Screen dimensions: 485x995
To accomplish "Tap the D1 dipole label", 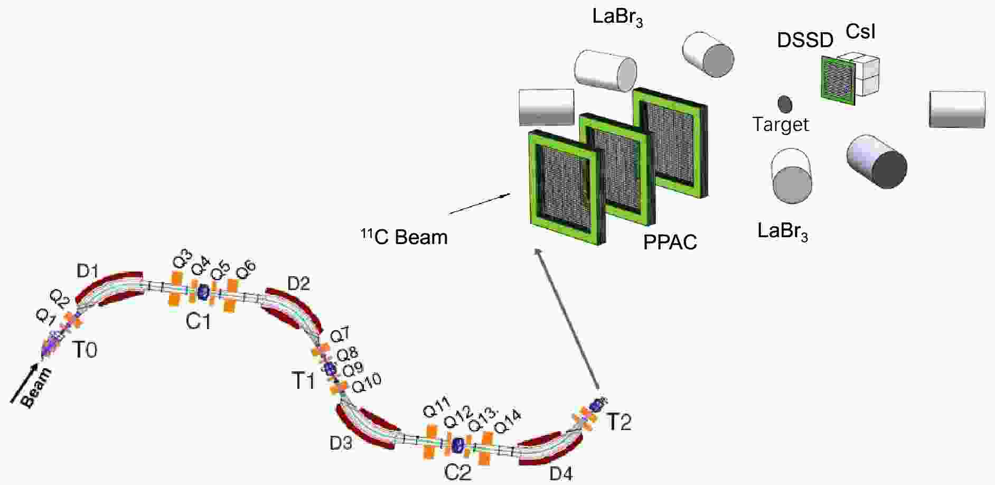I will point(88,271).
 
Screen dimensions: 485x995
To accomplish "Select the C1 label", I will point(198,321).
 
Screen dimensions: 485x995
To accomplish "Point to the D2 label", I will point(298,284).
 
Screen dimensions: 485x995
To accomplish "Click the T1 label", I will point(303,380).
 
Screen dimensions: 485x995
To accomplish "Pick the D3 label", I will point(341,443).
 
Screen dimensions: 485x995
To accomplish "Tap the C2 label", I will point(457,472).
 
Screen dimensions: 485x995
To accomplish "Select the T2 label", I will point(618,422).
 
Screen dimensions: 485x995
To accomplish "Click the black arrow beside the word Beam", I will point(24,384).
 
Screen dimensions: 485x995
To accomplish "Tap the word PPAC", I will point(670,242).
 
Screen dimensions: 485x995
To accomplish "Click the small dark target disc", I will point(785,104).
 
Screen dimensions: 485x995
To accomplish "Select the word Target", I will point(781,125).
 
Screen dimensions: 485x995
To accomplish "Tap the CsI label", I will point(860,32).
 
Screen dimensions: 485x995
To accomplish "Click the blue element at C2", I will point(458,444).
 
